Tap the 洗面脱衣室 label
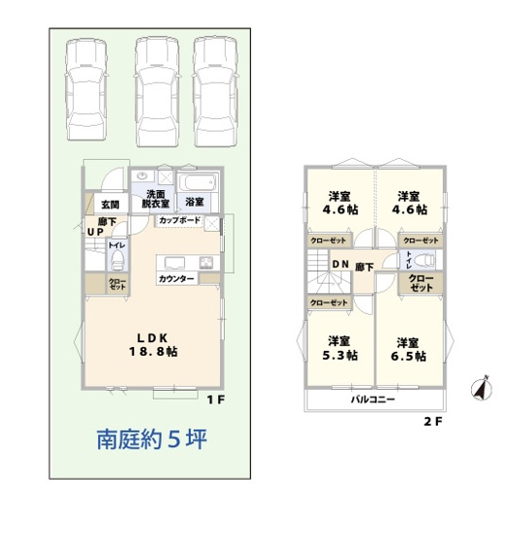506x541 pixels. (155, 199)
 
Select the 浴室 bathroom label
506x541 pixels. (195, 202)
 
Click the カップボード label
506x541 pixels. (180, 221)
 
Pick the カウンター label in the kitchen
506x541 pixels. (176, 280)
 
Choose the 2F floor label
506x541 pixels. (432, 422)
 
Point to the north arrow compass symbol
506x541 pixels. (478, 388)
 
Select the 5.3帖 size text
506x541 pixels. (338, 356)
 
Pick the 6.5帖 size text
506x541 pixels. (410, 356)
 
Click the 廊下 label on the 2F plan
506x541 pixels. (364, 266)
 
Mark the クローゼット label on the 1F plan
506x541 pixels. (116, 285)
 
